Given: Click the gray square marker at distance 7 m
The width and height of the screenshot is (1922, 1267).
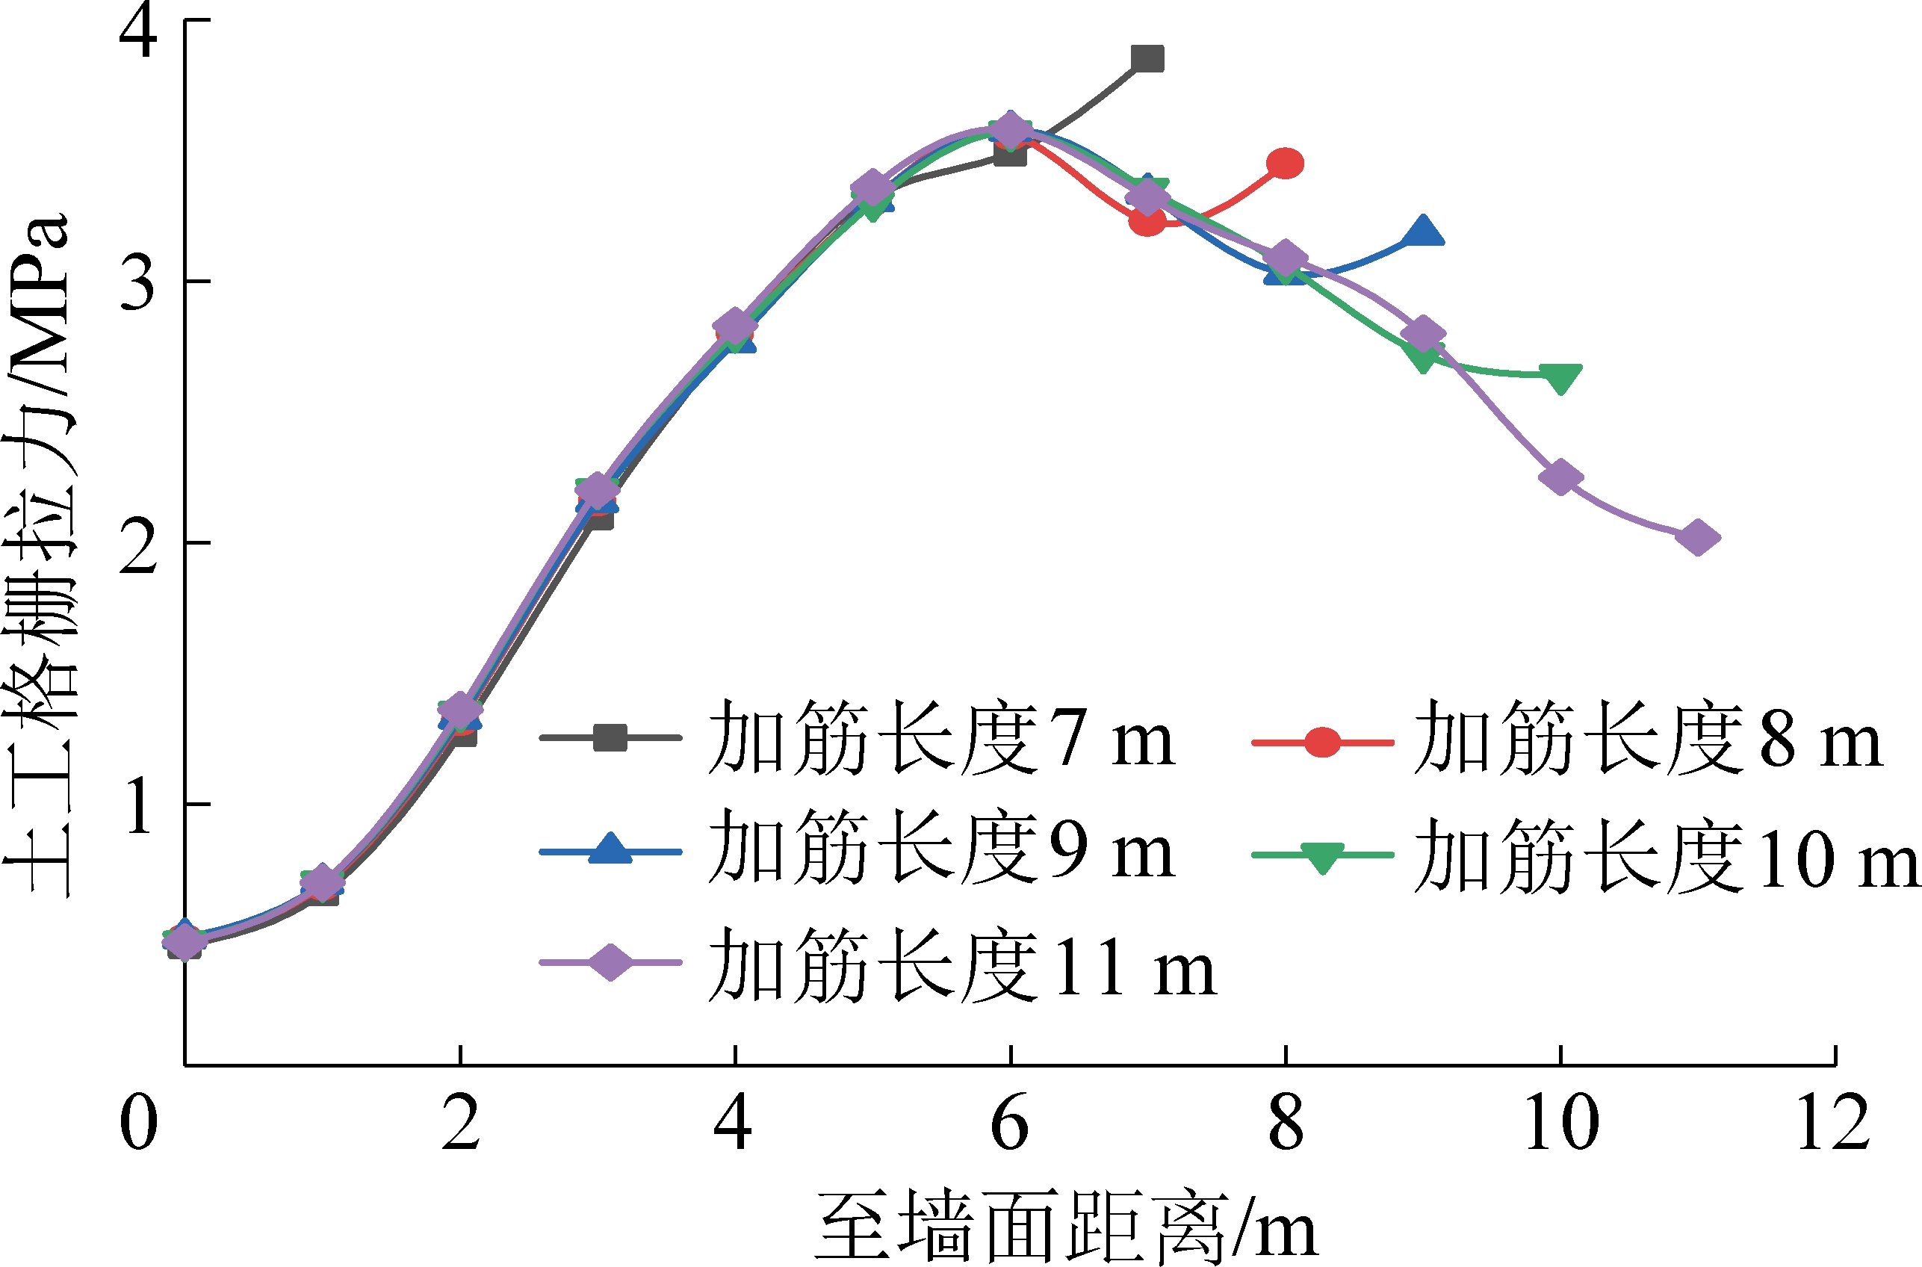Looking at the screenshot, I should [1147, 58].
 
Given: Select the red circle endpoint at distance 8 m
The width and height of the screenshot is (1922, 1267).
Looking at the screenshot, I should [1285, 163].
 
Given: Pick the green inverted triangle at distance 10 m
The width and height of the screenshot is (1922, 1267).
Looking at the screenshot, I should [1560, 377].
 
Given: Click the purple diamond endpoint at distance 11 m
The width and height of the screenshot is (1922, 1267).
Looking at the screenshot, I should [1697, 537].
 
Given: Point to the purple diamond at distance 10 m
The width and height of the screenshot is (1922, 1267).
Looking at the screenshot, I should [1560, 477].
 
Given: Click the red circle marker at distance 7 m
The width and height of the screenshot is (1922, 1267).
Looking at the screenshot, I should [1147, 220].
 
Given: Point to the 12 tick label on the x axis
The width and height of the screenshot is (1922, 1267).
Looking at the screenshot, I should [1834, 1123].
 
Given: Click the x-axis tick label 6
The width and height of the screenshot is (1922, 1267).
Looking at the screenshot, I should [1010, 1123].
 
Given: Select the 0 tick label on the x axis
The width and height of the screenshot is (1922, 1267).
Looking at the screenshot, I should [138, 1123].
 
